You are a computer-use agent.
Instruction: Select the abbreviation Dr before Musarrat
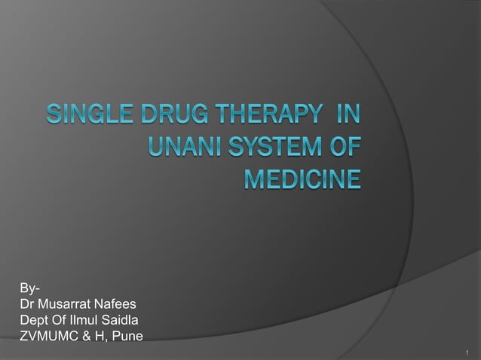pos(27,304)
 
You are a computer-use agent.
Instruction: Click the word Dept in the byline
pos(34,320)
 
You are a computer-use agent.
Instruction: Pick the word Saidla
pos(122,320)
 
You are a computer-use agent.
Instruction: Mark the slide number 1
pos(468,352)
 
